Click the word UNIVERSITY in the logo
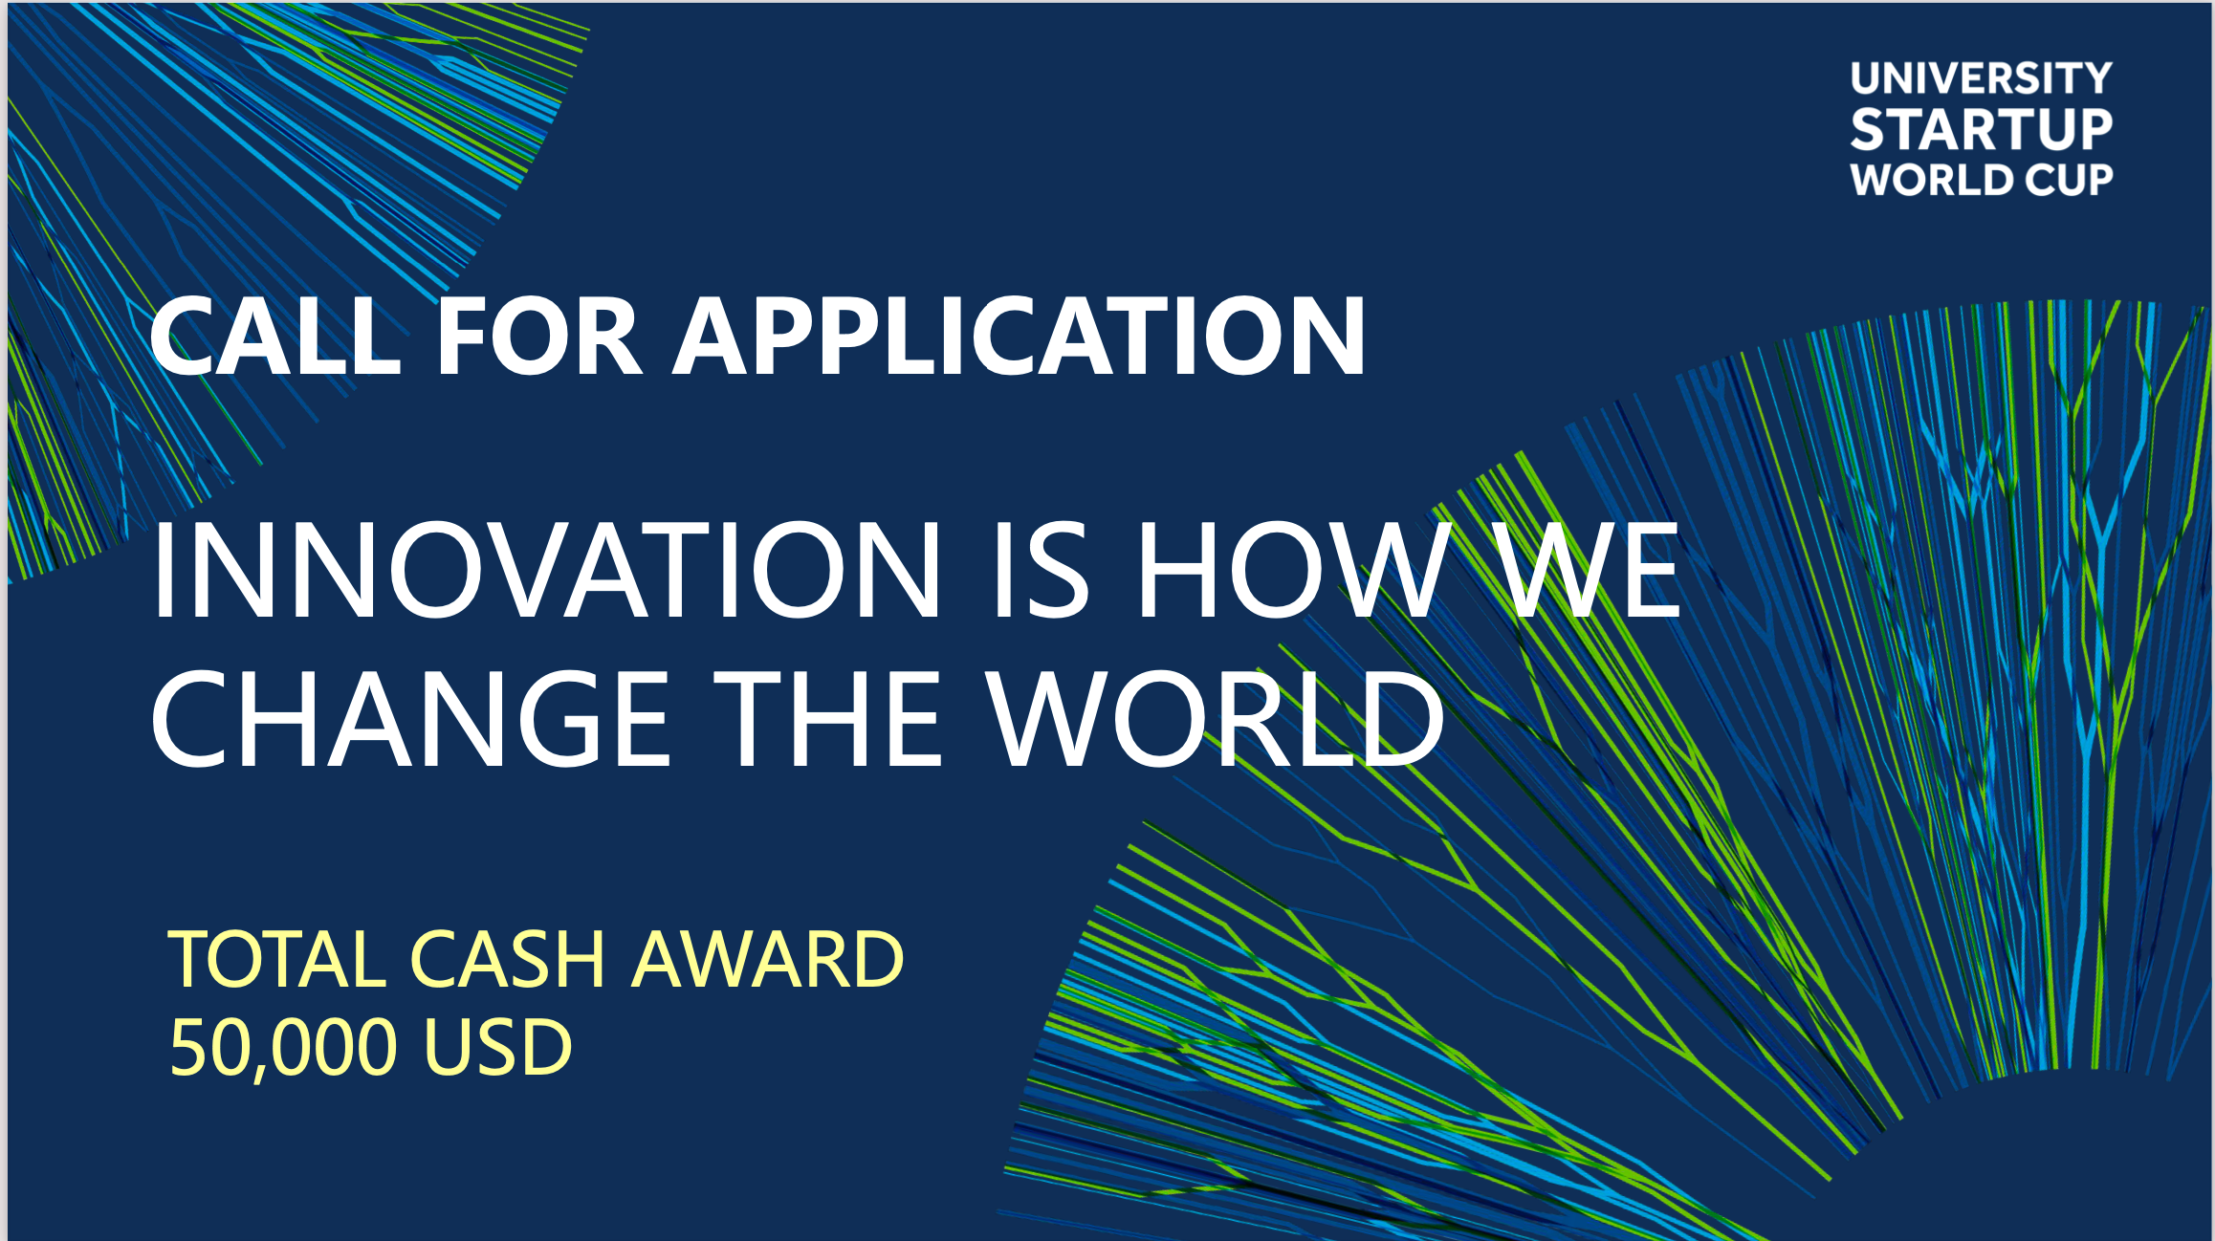pyautogui.click(x=1981, y=77)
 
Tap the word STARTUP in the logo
pyautogui.click(x=1981, y=129)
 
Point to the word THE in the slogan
pyautogui.click(x=829, y=718)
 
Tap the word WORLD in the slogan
pyautogui.click(x=1216, y=718)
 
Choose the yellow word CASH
pyautogui.click(x=508, y=958)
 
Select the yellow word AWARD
pyautogui.click(x=767, y=958)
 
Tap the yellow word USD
pyautogui.click(x=497, y=1046)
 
